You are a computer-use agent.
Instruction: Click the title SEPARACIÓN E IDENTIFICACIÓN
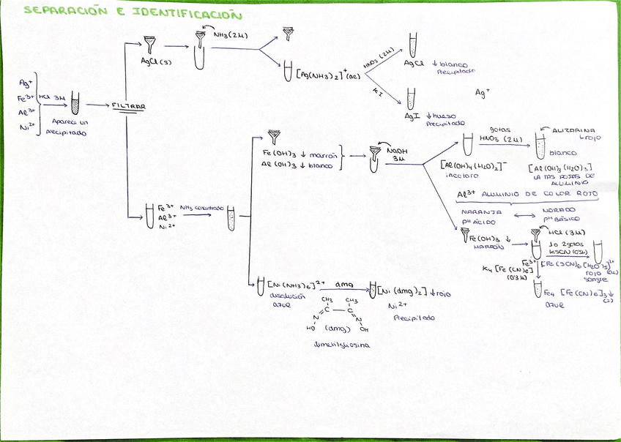(x=133, y=12)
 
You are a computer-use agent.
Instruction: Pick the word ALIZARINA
(x=573, y=127)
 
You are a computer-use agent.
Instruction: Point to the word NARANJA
(x=476, y=211)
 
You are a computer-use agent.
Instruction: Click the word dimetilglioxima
(x=341, y=345)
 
